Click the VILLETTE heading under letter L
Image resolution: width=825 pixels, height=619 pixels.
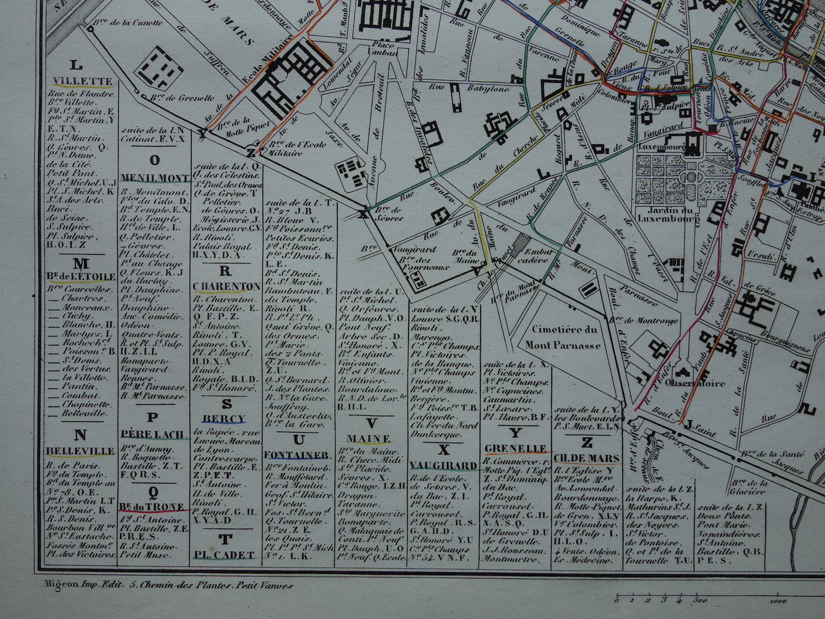pos(83,82)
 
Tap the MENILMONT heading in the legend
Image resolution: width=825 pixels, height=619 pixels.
pos(155,178)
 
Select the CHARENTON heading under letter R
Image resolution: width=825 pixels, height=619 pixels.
pos(227,286)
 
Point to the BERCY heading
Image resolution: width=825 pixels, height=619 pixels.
pos(226,419)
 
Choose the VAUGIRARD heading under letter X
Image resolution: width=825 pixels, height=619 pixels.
pos(444,466)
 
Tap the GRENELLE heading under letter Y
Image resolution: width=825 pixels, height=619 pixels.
pos(516,448)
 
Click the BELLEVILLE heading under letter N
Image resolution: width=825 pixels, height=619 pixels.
pos(81,451)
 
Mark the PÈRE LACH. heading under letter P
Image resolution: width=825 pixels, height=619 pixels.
pos(153,435)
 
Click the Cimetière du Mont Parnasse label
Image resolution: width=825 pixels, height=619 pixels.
pos(563,337)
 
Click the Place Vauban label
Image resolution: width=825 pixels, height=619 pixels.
pos(383,49)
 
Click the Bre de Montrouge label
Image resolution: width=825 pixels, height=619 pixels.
pos(651,321)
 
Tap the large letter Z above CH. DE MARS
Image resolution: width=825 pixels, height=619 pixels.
pos(586,442)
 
